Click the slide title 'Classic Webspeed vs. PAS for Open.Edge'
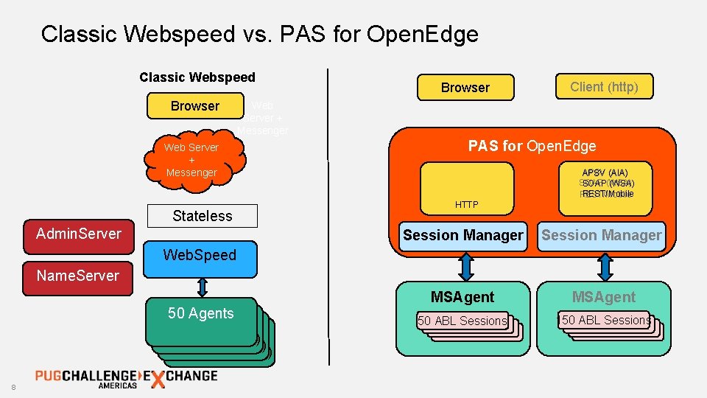pyautogui.click(x=259, y=34)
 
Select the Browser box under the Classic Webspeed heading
pyautogui.click(x=194, y=106)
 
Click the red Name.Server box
pyautogui.click(x=78, y=276)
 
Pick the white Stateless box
pyautogui.click(x=202, y=216)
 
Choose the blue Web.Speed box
pyautogui.click(x=199, y=256)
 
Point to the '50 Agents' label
pyautogui.click(x=200, y=313)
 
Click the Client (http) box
pyautogui.click(x=604, y=87)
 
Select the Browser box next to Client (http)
pyautogui.click(x=465, y=88)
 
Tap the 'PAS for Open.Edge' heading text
pyautogui.click(x=532, y=146)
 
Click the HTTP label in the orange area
pyautogui.click(x=466, y=205)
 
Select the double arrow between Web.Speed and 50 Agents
pyautogui.click(x=200, y=286)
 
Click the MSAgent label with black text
pyautogui.click(x=462, y=297)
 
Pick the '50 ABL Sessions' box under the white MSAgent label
pyautogui.click(x=606, y=321)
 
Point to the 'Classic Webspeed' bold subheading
pyautogui.click(x=197, y=77)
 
